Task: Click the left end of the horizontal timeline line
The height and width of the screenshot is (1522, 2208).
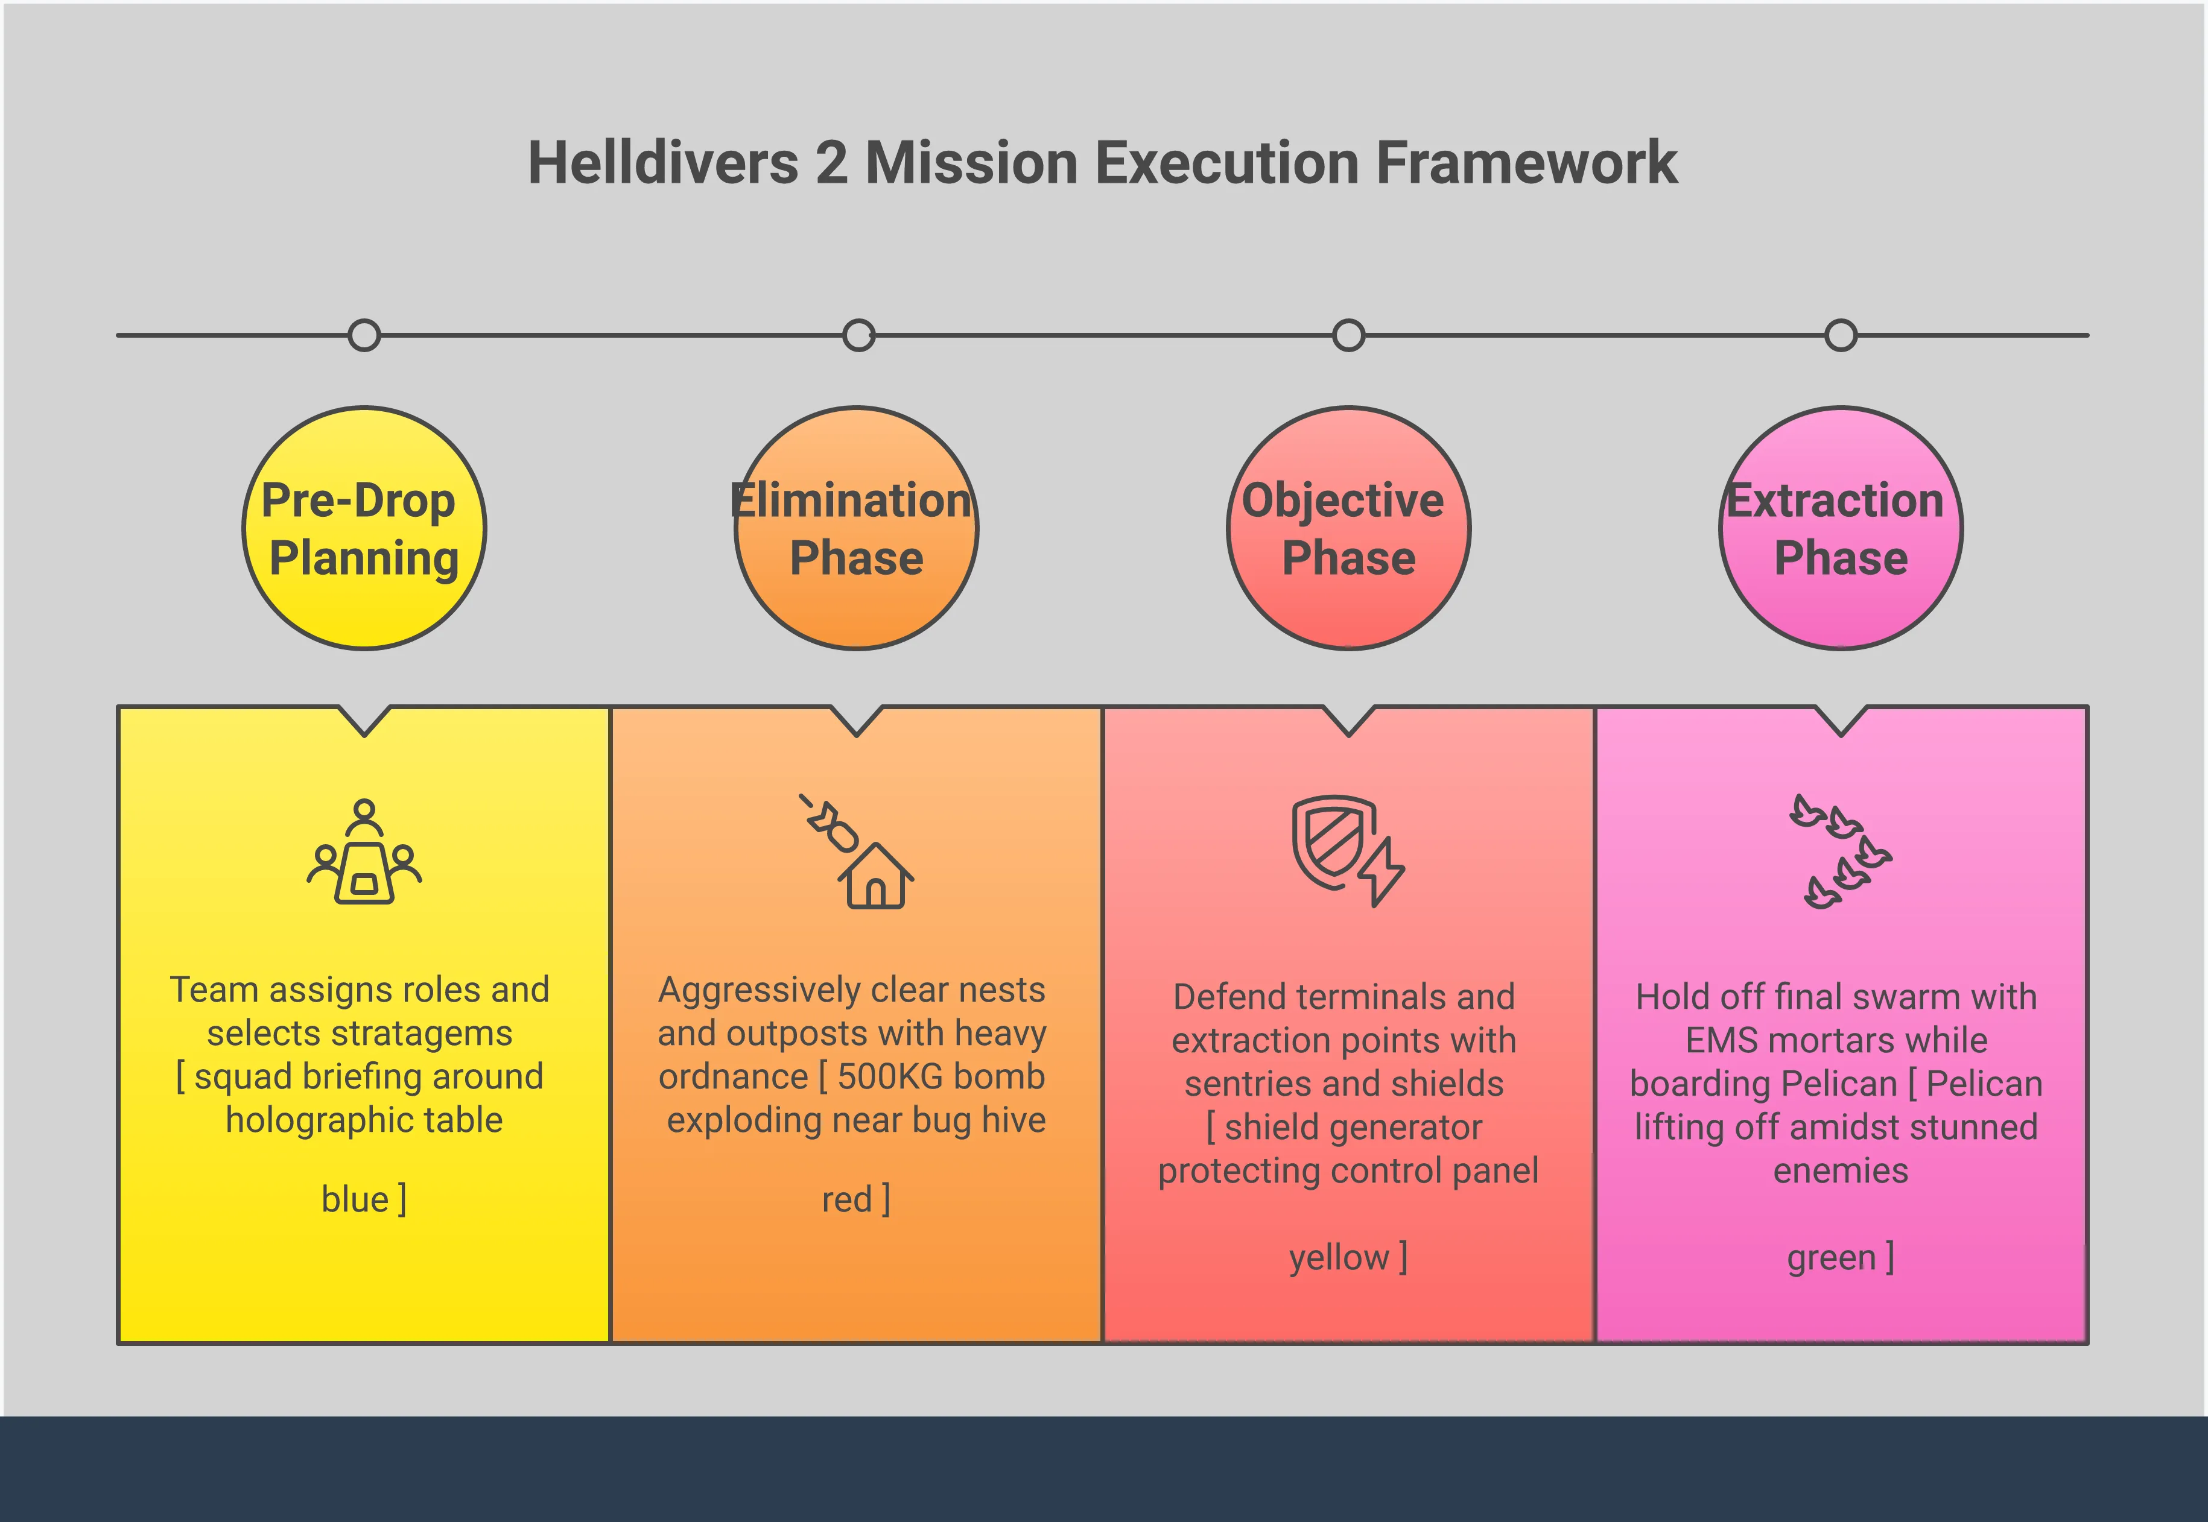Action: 117,335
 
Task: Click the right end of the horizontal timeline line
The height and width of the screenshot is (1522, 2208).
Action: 2089,335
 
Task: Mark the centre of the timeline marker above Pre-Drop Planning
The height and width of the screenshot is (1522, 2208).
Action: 364,335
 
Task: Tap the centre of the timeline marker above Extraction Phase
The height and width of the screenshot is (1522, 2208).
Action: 1841,335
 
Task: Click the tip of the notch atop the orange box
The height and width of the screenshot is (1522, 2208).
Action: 857,735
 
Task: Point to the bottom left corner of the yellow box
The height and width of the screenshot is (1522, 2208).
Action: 118,1343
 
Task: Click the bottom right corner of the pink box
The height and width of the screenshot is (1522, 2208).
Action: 2088,1343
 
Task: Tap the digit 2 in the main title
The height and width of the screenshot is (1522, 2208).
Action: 831,163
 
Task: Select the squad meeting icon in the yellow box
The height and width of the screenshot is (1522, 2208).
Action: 364,851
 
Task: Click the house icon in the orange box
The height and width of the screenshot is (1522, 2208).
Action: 875,876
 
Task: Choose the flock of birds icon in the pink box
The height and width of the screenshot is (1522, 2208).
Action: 1841,851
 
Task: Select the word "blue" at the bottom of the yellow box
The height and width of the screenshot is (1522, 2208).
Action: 355,1199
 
